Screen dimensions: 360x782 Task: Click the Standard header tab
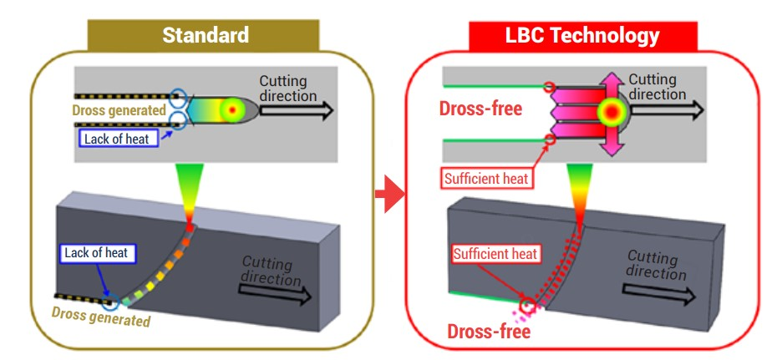click(206, 35)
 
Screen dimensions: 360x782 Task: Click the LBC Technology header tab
click(582, 35)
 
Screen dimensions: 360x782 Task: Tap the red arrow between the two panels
click(386, 195)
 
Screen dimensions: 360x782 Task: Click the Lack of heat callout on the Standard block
click(97, 252)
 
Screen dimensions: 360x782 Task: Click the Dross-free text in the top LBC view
click(480, 109)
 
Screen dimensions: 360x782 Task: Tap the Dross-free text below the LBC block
click(489, 331)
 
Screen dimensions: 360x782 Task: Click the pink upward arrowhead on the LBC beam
click(613, 80)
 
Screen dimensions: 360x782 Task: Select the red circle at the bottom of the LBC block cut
click(527, 306)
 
